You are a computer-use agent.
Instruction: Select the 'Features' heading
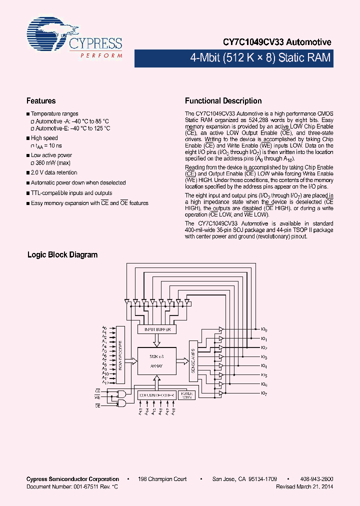[41, 101]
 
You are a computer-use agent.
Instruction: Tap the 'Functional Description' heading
[223, 101]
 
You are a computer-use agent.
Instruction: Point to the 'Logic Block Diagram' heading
[62, 255]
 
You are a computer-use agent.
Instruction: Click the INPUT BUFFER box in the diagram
[157, 329]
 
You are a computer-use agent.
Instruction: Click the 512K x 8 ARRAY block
[157, 361]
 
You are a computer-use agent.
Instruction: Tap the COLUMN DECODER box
[157, 395]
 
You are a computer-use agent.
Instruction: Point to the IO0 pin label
[264, 330]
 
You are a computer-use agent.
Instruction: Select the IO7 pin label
[264, 393]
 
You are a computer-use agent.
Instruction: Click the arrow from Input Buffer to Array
[157, 340]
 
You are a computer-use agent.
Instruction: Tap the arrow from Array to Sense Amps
[182, 361]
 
